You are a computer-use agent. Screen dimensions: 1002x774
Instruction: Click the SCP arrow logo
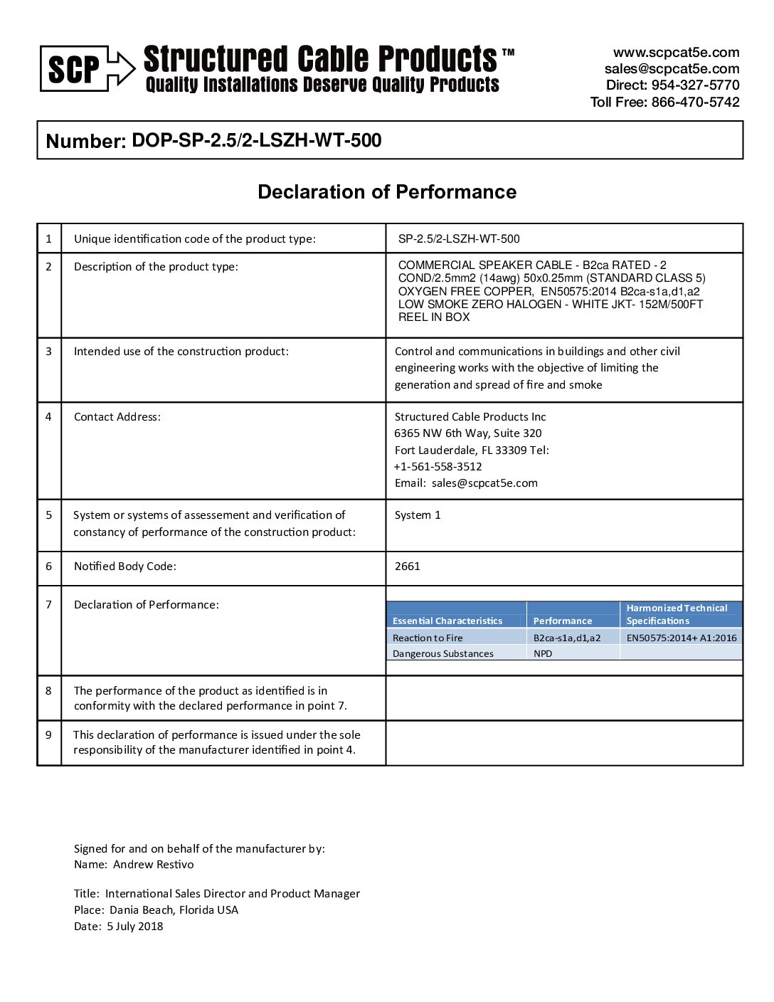coord(87,69)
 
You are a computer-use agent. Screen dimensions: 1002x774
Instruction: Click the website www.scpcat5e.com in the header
coord(676,53)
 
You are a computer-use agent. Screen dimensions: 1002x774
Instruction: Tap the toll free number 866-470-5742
coord(695,102)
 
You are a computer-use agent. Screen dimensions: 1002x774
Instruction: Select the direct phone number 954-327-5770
coord(695,85)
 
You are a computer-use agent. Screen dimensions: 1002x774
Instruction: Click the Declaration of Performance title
coord(387,192)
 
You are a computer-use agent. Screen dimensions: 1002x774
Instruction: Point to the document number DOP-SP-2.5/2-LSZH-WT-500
coord(257,140)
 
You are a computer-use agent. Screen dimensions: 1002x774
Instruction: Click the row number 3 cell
coord(48,352)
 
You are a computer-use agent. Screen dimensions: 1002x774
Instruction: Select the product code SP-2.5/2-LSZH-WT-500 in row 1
coord(459,239)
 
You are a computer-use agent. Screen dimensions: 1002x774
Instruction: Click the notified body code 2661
coord(408,566)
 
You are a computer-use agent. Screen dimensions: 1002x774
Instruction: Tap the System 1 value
coord(418,515)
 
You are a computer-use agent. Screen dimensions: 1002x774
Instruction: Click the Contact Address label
coord(117,417)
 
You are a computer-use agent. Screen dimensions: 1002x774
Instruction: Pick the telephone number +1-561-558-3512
coord(438,467)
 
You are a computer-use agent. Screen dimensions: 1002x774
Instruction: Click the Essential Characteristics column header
coord(447,621)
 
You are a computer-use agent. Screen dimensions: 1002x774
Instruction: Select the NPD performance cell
coord(543,654)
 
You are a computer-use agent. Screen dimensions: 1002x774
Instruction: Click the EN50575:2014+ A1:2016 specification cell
coord(681,638)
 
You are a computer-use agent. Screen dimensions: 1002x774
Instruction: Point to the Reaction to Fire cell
coord(428,638)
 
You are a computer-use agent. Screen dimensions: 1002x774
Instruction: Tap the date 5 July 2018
coord(135,927)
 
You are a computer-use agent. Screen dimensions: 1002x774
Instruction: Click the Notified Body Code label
coord(125,566)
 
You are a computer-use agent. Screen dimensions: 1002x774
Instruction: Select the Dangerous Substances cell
coord(443,654)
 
